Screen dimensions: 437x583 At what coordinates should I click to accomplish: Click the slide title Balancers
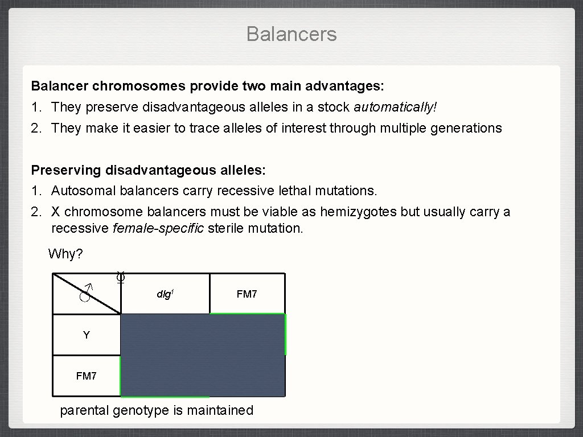[x=291, y=34]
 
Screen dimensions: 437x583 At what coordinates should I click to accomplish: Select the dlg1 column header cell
[x=165, y=294]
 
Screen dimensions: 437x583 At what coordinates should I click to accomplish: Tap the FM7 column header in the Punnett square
[x=247, y=294]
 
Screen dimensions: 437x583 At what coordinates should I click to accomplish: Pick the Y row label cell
[x=87, y=335]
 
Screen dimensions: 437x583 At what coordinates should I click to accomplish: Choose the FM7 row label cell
[x=87, y=376]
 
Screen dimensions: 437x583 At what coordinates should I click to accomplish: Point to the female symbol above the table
[x=120, y=278]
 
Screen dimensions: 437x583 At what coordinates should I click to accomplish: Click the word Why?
[x=65, y=254]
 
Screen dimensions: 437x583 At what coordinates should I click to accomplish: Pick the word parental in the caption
[x=84, y=410]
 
